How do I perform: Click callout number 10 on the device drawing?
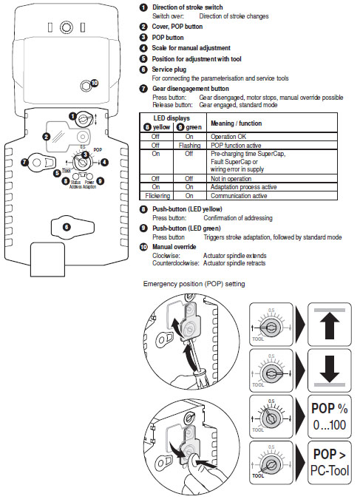point(95,84)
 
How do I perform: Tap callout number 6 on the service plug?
point(67,227)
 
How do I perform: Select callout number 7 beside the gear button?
point(24,163)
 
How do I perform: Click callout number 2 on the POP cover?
point(47,137)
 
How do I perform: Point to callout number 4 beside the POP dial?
point(104,163)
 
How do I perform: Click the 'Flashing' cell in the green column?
point(189,146)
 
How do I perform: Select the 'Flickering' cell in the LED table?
point(157,196)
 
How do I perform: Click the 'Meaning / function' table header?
point(236,123)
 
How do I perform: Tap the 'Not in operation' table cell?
point(231,179)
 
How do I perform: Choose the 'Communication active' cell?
point(239,196)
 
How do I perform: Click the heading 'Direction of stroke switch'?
point(188,7)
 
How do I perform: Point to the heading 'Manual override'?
point(174,247)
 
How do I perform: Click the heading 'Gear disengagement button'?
point(191,89)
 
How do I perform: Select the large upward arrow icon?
point(330,325)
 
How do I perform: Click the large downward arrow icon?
point(330,370)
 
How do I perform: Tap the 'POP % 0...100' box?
point(330,416)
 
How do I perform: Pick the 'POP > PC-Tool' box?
point(330,463)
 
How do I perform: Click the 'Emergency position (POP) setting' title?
point(194,284)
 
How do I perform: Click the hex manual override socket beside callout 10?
point(85,86)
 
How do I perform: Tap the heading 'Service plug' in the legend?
point(169,69)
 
